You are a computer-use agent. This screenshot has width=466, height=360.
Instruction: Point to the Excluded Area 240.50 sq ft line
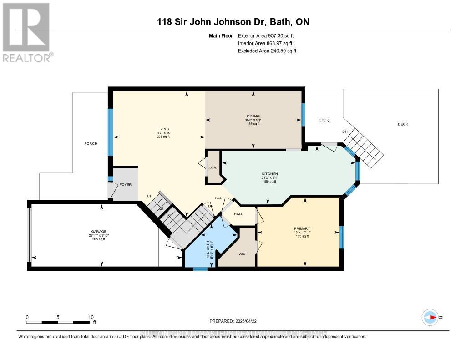[267, 51]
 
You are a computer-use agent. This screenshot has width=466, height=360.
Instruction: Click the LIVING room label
[160, 129]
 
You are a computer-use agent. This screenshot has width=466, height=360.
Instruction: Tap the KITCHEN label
[269, 174]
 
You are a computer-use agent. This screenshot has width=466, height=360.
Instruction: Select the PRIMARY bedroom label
[302, 228]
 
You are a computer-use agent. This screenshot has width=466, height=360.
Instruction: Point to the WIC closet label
[242, 254]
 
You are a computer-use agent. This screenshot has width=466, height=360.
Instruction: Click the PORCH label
[91, 143]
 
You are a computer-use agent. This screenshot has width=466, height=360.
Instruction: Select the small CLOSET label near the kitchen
[213, 167]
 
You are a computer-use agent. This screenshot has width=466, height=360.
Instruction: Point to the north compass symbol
[430, 317]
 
